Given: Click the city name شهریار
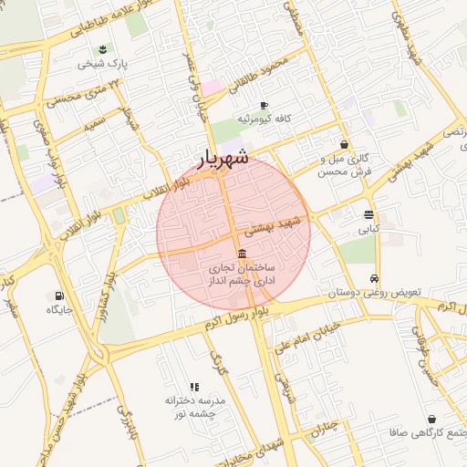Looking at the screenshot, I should click(x=223, y=159).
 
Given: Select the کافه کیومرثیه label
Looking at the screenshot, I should click(x=264, y=120).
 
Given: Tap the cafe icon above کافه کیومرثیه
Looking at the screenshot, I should click(x=264, y=106).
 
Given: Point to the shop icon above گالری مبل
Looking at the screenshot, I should click(x=344, y=144).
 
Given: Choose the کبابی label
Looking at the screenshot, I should click(x=368, y=230).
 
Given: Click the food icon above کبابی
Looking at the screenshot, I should click(x=368, y=215).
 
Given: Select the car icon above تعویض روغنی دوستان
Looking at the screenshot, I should click(x=375, y=279).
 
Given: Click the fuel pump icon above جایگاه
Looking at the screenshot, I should click(x=59, y=296).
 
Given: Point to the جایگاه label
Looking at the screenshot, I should click(x=59, y=310).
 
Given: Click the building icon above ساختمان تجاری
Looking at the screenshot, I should click(x=241, y=253).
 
